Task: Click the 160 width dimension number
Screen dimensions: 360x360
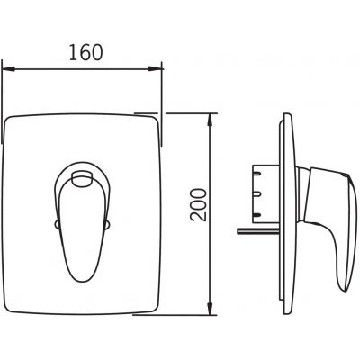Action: point(86,52)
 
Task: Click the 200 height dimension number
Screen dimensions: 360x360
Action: point(199,205)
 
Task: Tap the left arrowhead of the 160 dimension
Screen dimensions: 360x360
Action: point(8,69)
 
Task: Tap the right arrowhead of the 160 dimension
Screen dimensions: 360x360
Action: point(156,69)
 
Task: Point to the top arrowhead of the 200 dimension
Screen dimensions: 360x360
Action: point(211,119)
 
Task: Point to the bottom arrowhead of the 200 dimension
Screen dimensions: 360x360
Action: point(211,310)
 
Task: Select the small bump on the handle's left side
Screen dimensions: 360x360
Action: point(57,224)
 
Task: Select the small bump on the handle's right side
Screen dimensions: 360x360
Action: point(107,224)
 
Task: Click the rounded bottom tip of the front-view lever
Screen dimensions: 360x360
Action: point(82,280)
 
